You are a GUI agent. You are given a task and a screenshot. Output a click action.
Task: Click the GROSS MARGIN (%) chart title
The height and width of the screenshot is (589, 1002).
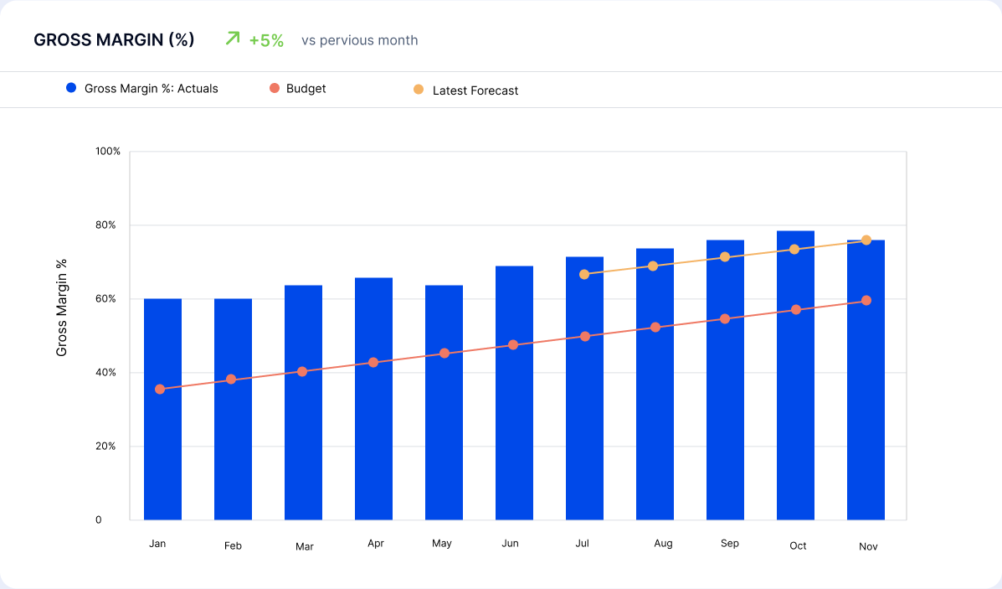114,40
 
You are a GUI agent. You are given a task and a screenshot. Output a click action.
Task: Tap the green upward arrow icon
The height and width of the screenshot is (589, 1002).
233,39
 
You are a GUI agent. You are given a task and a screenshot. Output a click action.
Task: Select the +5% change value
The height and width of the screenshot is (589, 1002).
266,40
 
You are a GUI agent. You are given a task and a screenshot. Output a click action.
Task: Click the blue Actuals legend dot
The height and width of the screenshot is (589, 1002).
71,88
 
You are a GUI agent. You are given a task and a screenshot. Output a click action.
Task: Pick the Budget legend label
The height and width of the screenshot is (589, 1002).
306,88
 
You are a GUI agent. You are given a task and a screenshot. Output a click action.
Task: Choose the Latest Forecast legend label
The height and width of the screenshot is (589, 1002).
475,90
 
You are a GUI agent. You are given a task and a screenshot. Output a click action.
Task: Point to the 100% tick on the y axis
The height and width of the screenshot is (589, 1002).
109,152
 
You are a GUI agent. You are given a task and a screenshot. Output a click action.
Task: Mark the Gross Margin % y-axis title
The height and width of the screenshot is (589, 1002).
62,307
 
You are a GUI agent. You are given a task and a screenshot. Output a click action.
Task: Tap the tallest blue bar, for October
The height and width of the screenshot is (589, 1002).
795,377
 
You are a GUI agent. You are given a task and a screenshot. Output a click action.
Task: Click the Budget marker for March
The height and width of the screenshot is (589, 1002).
302,371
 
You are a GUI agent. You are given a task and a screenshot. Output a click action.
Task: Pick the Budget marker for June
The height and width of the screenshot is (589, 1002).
513,345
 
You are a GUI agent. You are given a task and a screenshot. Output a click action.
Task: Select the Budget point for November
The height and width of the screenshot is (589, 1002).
866,301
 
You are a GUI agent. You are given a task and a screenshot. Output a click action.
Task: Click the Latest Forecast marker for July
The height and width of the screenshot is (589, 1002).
584,274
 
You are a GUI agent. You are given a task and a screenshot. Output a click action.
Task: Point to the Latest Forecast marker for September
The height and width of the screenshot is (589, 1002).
725,256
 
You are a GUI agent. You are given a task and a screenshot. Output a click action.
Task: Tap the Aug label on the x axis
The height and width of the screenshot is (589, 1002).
663,544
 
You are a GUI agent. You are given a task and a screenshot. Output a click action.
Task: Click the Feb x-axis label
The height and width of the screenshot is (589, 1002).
233,546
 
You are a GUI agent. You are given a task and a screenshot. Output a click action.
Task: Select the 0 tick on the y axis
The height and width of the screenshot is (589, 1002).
98,520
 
